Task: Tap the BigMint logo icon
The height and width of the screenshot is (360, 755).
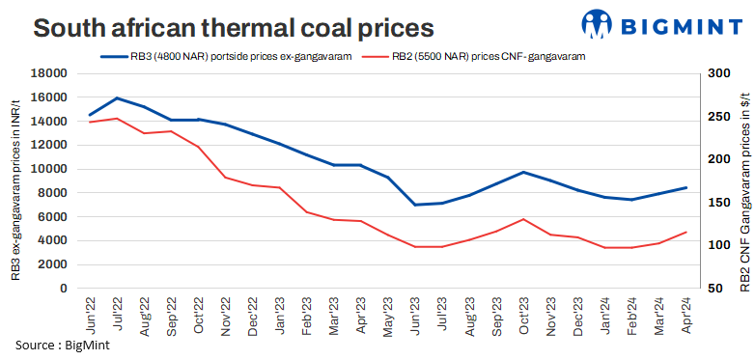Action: [x=599, y=22]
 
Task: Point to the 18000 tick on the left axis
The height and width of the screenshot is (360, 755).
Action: [x=48, y=73]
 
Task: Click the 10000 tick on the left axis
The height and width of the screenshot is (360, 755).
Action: [x=48, y=169]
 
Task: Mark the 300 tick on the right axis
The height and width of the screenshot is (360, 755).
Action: [x=716, y=73]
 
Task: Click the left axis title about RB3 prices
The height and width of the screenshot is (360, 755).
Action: [x=16, y=180]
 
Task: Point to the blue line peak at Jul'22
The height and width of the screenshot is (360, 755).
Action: [x=117, y=97]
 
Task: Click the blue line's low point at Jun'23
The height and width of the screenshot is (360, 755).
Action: [x=415, y=205]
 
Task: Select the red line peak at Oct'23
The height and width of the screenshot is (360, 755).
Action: [x=523, y=219]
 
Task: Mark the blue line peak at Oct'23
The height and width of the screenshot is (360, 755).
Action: [x=523, y=172]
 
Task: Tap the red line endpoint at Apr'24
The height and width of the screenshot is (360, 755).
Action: [x=686, y=232]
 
